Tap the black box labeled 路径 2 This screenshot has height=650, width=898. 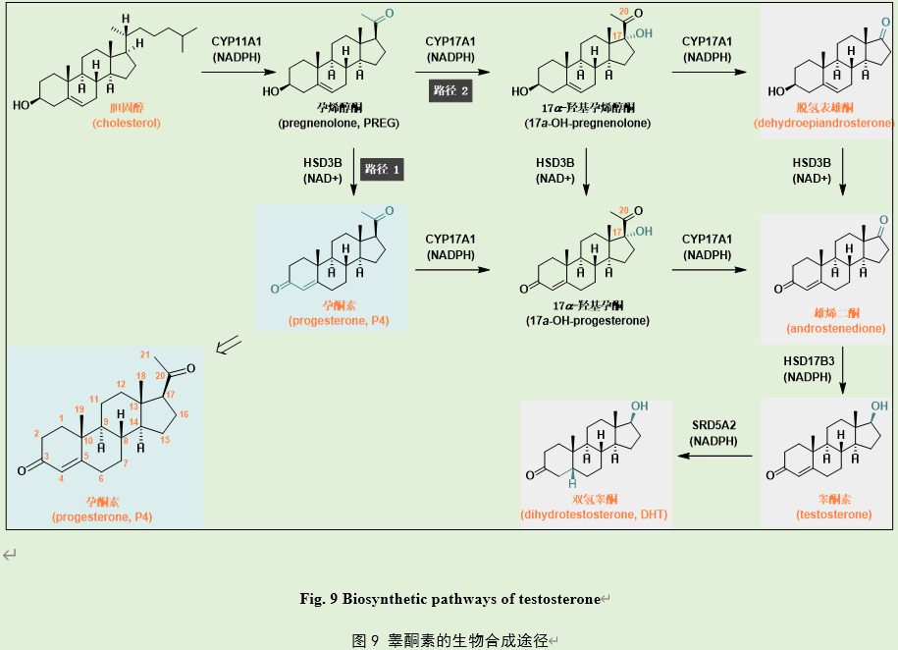point(451,91)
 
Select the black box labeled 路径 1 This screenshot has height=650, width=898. point(383,169)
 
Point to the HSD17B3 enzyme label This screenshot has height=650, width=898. point(809,361)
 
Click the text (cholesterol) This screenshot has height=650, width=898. point(127,124)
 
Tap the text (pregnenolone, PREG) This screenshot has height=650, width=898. point(337,125)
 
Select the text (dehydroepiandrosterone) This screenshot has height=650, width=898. point(823,124)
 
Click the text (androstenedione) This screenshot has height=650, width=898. point(822,329)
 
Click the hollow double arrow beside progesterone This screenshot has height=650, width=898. point(228,343)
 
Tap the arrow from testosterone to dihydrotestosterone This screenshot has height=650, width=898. point(713,456)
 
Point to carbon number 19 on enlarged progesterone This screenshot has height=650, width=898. point(80,408)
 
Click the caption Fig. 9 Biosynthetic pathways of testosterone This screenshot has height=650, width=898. point(449,598)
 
